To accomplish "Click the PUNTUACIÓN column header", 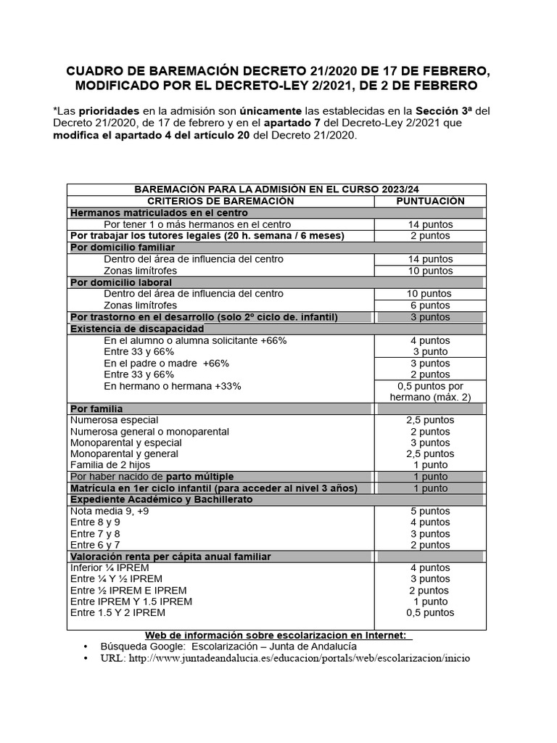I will click(430, 201).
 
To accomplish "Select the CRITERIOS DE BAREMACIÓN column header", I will click(220, 201).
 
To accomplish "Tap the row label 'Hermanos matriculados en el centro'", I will click(159, 213).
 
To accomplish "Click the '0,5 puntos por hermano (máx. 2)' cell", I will click(430, 392).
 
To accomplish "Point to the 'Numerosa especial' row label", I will click(114, 420).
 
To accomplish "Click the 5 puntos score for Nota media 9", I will click(430, 511).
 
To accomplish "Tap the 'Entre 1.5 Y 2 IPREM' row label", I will click(117, 612).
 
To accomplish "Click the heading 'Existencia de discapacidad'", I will click(137, 329).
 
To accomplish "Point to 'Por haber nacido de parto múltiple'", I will click(152, 477).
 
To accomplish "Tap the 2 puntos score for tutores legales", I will click(430, 236).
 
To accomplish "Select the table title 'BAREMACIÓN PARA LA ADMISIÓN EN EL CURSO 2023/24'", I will click(277, 189).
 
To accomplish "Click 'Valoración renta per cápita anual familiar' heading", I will click(170, 557).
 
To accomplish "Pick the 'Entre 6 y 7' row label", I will click(95, 545).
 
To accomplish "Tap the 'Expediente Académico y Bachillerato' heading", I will click(161, 500).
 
